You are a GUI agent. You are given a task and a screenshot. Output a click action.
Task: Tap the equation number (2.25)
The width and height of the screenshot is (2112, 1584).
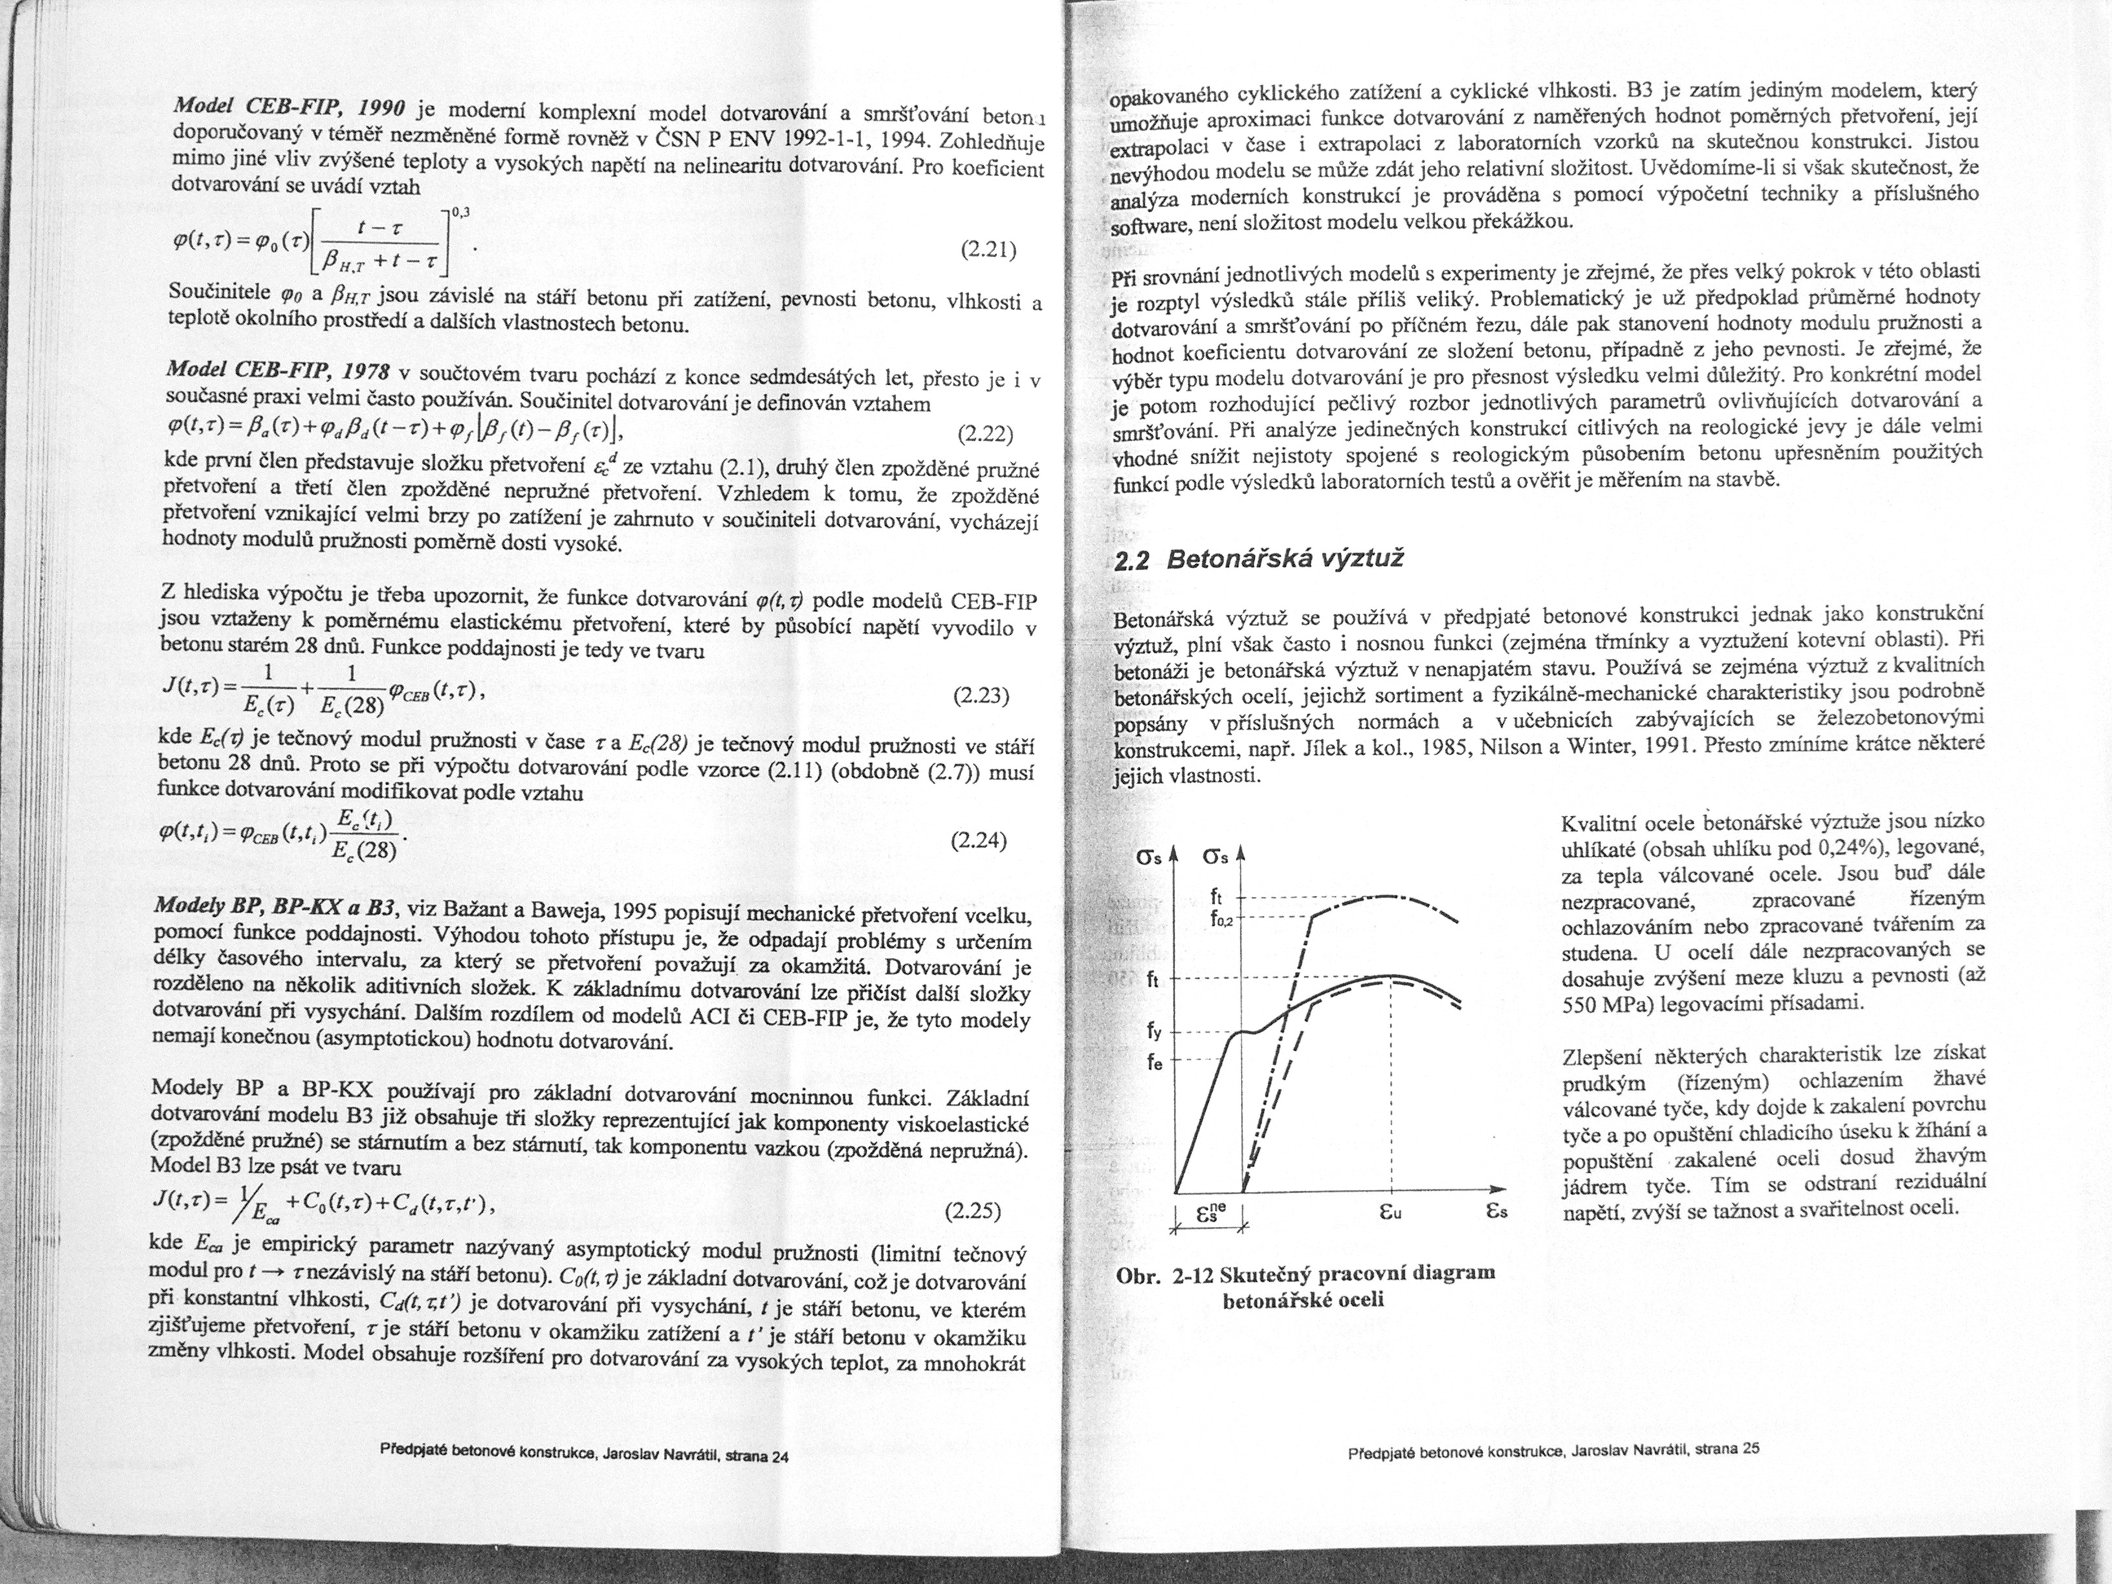point(972,1213)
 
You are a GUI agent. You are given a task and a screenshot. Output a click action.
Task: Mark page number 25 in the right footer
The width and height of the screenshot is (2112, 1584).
point(1750,1447)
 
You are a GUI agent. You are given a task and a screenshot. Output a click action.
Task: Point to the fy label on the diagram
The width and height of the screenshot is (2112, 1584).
point(1154,1032)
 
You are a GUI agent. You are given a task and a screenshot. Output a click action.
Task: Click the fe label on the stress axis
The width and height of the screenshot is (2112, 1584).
point(1154,1062)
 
